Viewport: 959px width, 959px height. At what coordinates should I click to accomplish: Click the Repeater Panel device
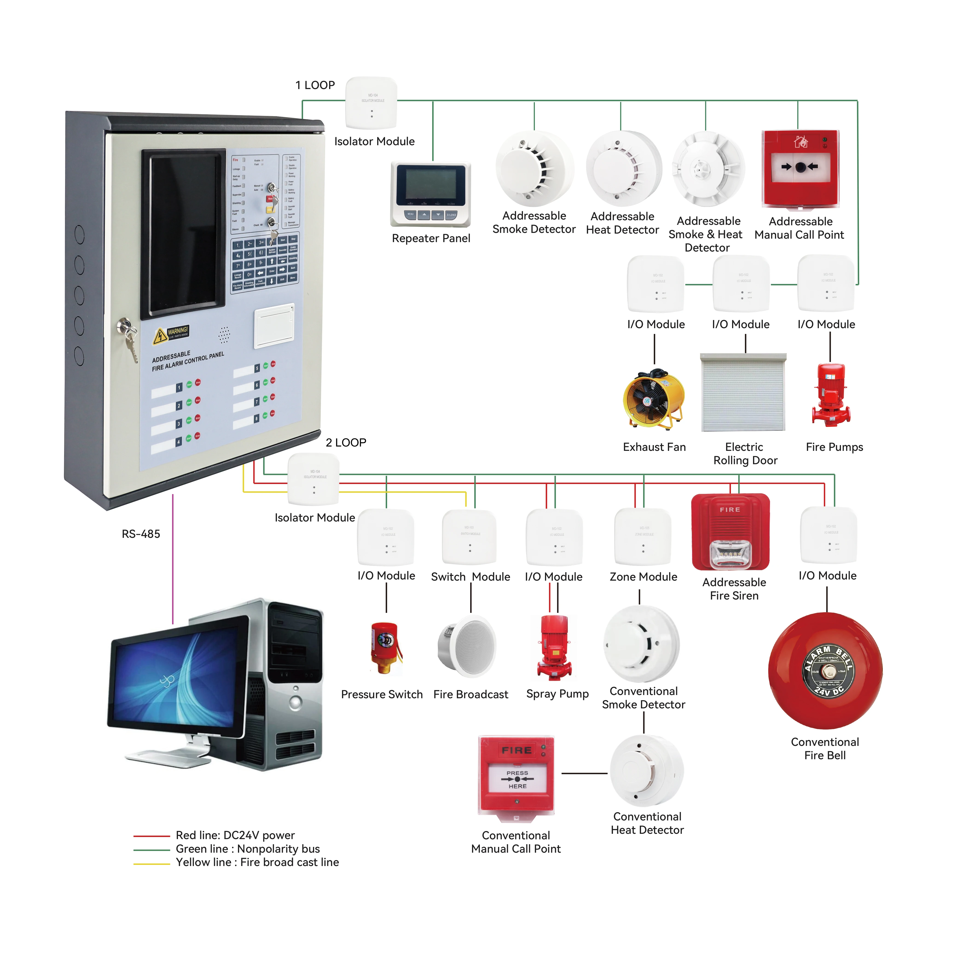[x=430, y=194]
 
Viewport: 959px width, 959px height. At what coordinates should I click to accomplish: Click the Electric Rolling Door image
[x=743, y=392]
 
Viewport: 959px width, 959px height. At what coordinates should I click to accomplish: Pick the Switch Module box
[x=469, y=537]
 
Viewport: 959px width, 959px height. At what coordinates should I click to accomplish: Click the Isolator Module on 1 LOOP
[x=371, y=103]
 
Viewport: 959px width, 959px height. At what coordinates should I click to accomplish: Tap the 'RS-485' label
[x=141, y=534]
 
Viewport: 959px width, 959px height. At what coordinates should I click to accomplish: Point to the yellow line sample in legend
[x=151, y=864]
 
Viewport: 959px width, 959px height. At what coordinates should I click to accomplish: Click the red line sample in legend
[x=151, y=836]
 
